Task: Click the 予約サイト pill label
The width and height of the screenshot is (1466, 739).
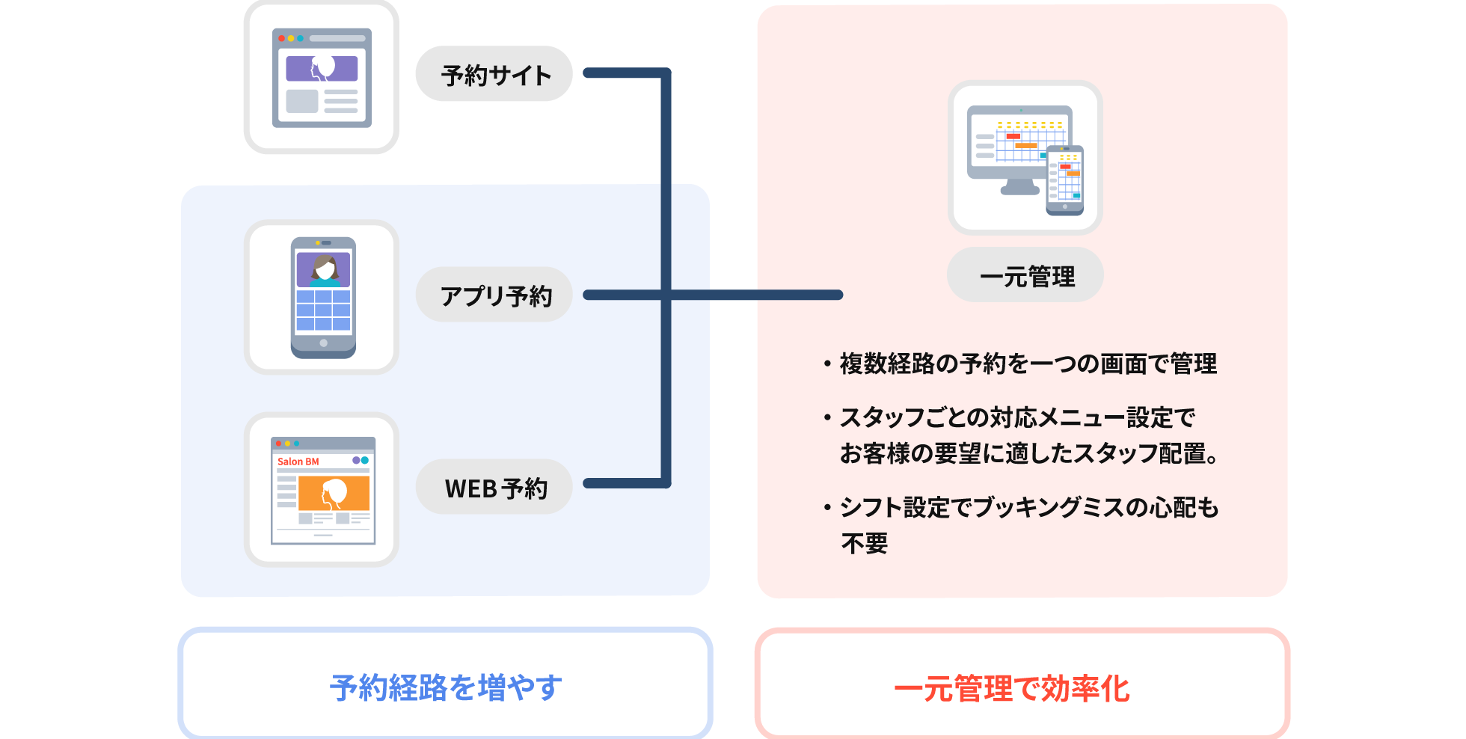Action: coord(494,74)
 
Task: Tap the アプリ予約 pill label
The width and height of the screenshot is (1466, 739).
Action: coord(494,295)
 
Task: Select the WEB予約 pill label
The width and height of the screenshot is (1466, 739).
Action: coord(494,487)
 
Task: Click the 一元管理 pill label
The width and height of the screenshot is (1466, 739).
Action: coord(1025,275)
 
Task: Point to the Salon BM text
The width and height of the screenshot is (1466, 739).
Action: coord(298,462)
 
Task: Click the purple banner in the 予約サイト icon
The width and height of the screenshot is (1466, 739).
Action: coord(322,69)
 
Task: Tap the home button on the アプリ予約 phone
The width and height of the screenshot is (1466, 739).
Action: coord(323,343)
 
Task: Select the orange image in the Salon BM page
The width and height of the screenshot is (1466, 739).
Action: coord(334,493)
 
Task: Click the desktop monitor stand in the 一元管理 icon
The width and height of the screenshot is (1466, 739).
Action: coord(1020,187)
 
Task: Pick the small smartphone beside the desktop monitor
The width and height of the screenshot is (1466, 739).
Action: coord(1065,180)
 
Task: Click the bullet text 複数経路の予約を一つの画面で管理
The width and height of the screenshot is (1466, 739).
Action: coord(1028,364)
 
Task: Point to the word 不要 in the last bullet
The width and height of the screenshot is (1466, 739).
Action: coord(865,543)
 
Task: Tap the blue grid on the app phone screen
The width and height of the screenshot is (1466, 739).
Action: coord(323,310)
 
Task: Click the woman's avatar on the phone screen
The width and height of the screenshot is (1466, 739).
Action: coord(324,270)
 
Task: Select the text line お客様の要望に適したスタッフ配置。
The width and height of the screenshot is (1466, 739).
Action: coord(1029,453)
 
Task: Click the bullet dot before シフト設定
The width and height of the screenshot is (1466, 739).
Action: coord(827,508)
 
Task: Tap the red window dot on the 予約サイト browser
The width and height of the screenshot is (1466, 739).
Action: coord(281,38)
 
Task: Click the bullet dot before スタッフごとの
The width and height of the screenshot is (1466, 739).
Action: coord(827,417)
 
